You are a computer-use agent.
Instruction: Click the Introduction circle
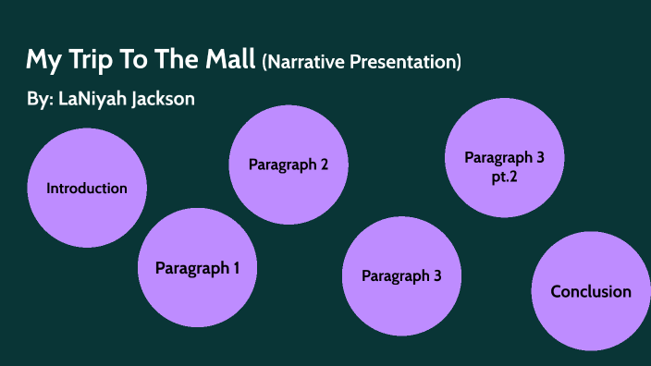click(x=87, y=189)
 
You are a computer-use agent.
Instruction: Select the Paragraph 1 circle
click(x=197, y=269)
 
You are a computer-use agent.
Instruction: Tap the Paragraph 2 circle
click(x=288, y=165)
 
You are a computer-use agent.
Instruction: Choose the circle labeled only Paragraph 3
click(x=401, y=275)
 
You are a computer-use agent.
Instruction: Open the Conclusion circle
click(x=591, y=292)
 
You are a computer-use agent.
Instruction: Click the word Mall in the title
click(x=227, y=62)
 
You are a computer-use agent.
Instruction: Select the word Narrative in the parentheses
click(x=310, y=63)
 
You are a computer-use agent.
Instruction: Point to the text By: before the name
click(x=39, y=100)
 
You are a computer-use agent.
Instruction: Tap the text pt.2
click(x=504, y=175)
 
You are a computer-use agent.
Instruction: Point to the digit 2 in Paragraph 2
click(x=324, y=165)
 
